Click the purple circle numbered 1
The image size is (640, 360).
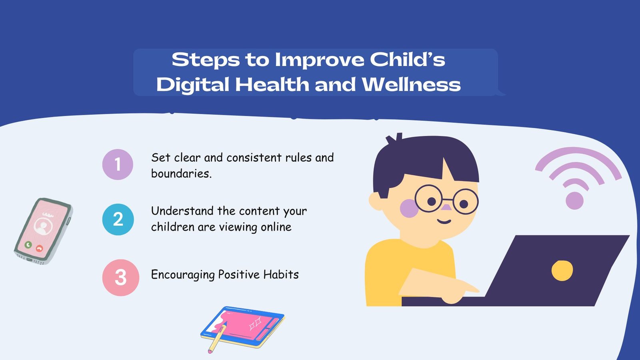(118, 164)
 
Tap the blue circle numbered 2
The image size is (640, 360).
(118, 219)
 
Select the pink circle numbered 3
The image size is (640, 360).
(120, 278)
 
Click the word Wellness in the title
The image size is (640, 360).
(411, 85)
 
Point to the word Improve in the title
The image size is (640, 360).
(320, 60)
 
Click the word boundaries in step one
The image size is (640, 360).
(181, 174)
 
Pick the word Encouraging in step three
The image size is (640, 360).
(183, 275)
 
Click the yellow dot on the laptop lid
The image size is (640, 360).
(562, 271)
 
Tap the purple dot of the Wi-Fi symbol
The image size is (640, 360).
(575, 200)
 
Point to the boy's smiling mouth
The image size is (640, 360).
(444, 221)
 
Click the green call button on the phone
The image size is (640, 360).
(28, 244)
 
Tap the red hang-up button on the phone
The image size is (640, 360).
(39, 248)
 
